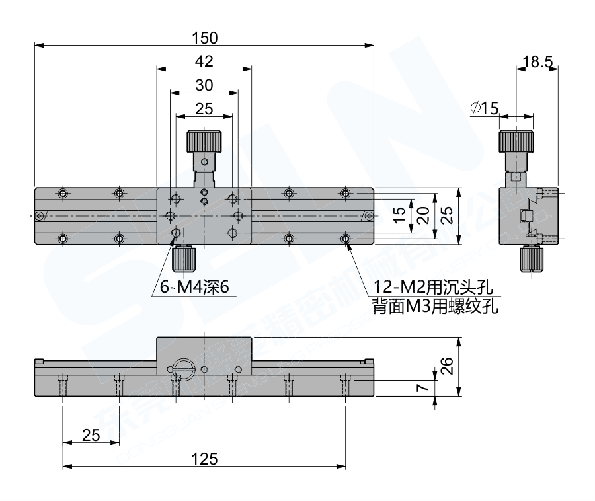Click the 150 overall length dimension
pyautogui.click(x=204, y=37)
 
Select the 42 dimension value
pyautogui.click(x=204, y=61)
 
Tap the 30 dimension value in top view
pyautogui.click(x=204, y=85)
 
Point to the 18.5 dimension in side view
pyautogui.click(x=537, y=62)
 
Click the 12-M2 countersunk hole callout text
pyautogui.click(x=433, y=286)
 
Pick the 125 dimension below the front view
pyautogui.click(x=204, y=458)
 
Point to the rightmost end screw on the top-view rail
pyautogui.click(x=368, y=215)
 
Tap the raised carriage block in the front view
pyautogui.click(x=204, y=350)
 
